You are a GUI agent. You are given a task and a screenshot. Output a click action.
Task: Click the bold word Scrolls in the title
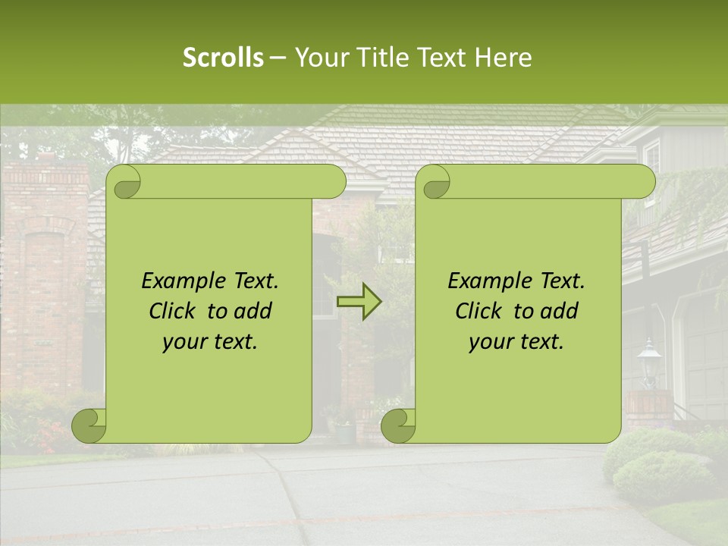coord(224,58)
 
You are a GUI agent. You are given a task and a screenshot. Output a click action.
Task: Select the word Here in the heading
coord(504,58)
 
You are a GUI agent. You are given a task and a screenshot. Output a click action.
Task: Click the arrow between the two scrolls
coord(359,302)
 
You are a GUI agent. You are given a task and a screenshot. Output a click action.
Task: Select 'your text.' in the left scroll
coord(210,342)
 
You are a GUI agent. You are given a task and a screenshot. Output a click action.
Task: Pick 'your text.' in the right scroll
coord(516,342)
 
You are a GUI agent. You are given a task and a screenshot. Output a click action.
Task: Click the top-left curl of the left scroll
coord(124,183)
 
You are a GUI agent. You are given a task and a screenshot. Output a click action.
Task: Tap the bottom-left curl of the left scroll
coord(89,425)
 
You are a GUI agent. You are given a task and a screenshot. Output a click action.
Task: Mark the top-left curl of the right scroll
coord(434,183)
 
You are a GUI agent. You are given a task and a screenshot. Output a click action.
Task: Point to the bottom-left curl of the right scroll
coord(398,425)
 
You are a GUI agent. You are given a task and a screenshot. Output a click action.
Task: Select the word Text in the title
coord(441,58)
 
